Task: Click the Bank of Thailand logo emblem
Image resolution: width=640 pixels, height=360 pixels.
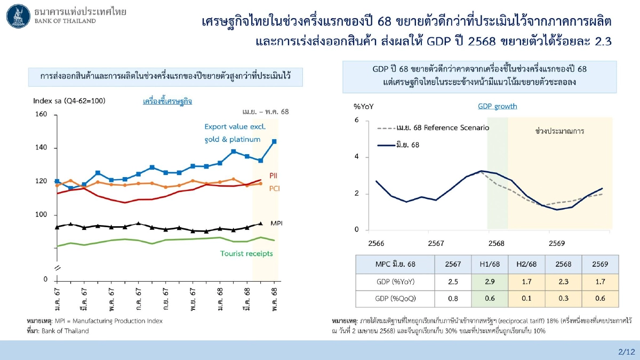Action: [x=18, y=15]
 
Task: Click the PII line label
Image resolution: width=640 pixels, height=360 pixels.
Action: [x=273, y=175]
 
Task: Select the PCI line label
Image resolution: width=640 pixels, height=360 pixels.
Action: [x=275, y=188]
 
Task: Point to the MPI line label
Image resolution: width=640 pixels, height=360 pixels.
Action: [x=276, y=222]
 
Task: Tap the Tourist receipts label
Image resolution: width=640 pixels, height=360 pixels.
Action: [x=246, y=253]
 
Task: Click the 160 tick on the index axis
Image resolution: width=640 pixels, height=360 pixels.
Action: [x=42, y=114]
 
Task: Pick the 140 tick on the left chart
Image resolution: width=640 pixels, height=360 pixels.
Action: [x=42, y=148]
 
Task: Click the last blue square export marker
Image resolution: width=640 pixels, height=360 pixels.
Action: [x=274, y=141]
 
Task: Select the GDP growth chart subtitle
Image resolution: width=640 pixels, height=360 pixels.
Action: [x=497, y=106]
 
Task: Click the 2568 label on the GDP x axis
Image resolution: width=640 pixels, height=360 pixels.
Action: [x=496, y=243]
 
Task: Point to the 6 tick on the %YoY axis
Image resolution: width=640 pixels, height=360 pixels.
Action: [x=356, y=121]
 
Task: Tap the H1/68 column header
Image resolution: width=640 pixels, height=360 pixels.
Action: [x=485, y=264]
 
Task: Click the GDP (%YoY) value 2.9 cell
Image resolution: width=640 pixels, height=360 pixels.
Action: [x=485, y=282]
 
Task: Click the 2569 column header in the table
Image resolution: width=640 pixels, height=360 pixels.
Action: [x=601, y=264]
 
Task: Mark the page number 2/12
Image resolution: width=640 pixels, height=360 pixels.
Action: [x=626, y=351]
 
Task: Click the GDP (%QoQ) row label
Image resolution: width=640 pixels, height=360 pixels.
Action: [x=395, y=299]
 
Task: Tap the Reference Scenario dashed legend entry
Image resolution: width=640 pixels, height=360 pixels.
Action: [x=433, y=128]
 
